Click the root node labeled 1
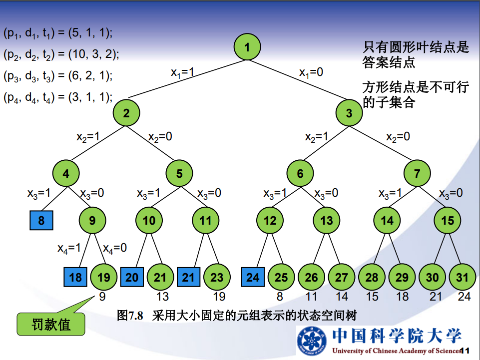[x=247, y=47]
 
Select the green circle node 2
[x=126, y=113]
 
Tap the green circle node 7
[x=417, y=174]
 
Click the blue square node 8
[x=41, y=220]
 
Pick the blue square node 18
[x=75, y=277]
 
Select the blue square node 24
[x=253, y=277]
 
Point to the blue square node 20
[x=132, y=277]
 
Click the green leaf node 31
[x=462, y=277]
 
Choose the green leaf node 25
[x=281, y=277]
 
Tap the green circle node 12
[x=270, y=220]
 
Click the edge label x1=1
[x=182, y=73]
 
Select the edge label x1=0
[x=311, y=72]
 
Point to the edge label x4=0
[x=115, y=248]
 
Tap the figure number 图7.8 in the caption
[x=130, y=315]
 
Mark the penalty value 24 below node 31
[x=464, y=297]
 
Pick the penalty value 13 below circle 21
[x=162, y=297]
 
